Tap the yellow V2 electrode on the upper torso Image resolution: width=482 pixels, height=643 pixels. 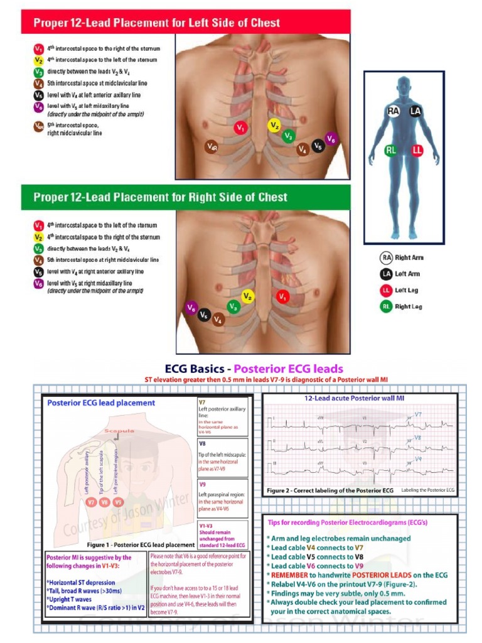(274, 126)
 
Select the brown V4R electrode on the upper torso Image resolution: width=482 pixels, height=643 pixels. (213, 147)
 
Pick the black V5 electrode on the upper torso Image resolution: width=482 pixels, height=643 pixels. (318, 145)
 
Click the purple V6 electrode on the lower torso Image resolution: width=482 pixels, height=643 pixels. (191, 308)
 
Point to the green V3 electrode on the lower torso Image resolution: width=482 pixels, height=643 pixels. (233, 306)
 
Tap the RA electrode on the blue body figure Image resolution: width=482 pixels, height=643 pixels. (393, 111)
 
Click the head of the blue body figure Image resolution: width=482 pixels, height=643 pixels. (404, 86)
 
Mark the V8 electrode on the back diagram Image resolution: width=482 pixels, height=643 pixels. (105, 502)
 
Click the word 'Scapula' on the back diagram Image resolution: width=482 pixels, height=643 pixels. (119, 431)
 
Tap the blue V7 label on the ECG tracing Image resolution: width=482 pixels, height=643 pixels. (418, 414)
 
